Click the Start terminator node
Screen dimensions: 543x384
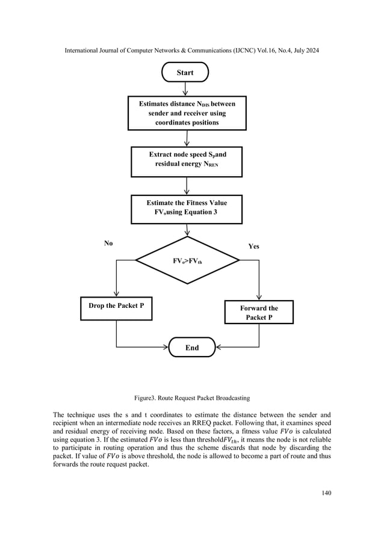(185, 73)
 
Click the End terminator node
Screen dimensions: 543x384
(191, 347)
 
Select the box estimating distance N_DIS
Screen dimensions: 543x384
(187, 114)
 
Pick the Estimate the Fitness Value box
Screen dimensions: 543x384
(187, 207)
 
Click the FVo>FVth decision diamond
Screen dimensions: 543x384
(187, 260)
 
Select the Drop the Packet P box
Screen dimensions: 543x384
(116, 305)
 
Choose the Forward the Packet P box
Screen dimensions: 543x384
(258, 311)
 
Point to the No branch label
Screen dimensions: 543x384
(108, 244)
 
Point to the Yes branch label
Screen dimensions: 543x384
(255, 247)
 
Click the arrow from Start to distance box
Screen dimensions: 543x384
(185, 90)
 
